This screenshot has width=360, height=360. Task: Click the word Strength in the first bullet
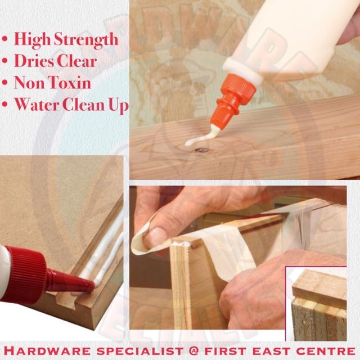86,40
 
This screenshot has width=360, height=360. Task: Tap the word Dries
34,61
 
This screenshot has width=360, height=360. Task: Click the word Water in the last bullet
37,105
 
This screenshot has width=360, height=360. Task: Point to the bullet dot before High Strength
5,39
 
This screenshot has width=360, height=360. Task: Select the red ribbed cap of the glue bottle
26,273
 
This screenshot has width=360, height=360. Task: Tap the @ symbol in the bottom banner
193,351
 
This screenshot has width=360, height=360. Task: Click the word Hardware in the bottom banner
47,351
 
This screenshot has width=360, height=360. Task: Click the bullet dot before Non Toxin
5,83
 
